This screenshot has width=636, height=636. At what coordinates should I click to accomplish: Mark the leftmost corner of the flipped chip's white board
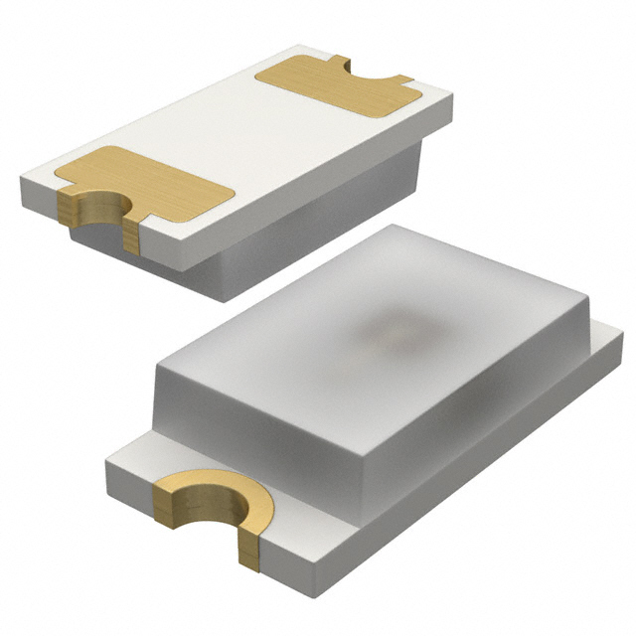tap(22, 181)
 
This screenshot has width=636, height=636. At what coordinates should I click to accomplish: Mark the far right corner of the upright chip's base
tap(623, 343)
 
